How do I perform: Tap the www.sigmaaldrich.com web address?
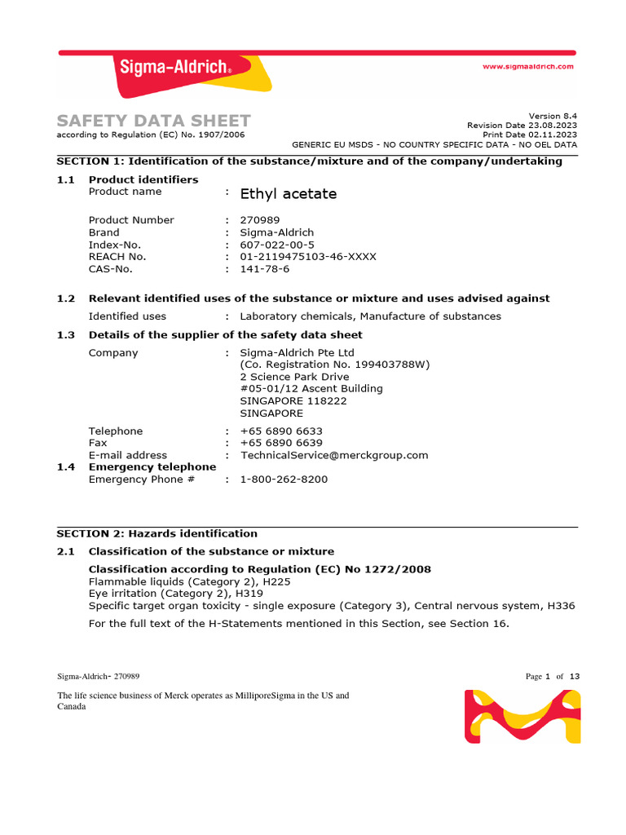(x=528, y=66)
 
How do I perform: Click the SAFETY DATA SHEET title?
(x=153, y=121)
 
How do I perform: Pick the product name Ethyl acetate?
(x=289, y=194)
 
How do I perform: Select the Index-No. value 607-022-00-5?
(x=277, y=245)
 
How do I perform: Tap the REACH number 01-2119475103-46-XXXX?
(x=308, y=256)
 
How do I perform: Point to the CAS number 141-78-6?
(x=265, y=268)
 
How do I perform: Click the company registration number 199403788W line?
(x=335, y=364)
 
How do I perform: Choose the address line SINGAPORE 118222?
(x=293, y=401)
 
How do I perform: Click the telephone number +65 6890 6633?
(x=281, y=431)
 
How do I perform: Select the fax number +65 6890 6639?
(x=281, y=443)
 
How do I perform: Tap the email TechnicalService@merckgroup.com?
(x=334, y=455)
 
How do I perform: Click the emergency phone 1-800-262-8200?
(x=284, y=479)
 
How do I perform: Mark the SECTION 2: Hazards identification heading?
(x=156, y=533)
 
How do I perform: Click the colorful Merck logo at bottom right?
(x=522, y=716)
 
